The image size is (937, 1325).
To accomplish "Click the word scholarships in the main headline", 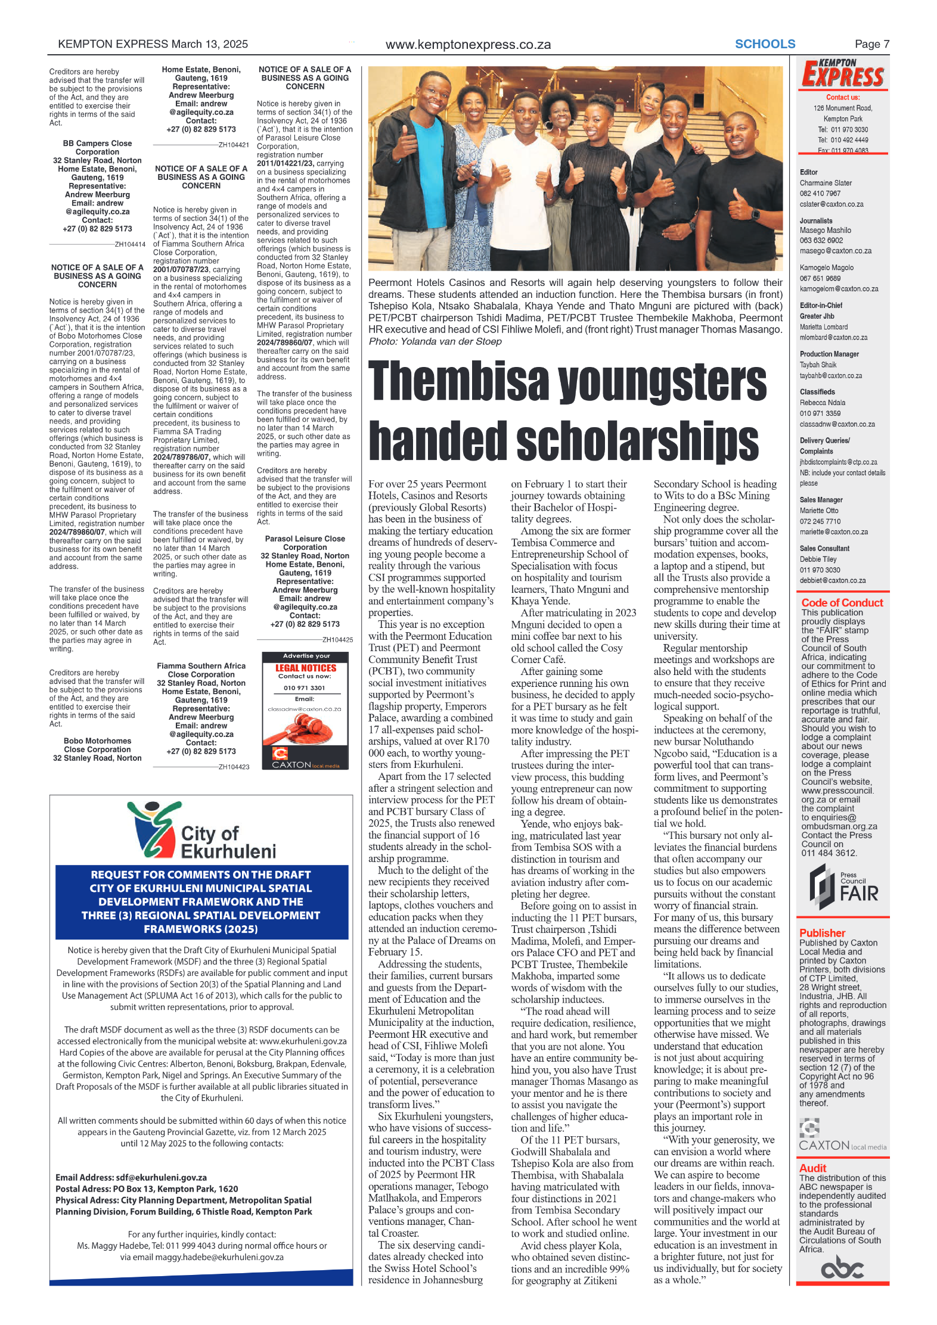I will point(637,440).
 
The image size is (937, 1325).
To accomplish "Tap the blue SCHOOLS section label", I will point(765,44).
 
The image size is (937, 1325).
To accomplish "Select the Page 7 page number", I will point(871,44).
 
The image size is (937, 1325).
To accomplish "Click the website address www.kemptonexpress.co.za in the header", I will point(468,45).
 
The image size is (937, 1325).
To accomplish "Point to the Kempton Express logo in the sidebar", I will point(842,74).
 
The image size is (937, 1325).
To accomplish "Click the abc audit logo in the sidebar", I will point(842,1267).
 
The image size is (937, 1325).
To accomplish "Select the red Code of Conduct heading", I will point(842,603).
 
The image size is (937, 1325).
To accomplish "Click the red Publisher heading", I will point(822,933).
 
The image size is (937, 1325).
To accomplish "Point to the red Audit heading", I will point(812,1168).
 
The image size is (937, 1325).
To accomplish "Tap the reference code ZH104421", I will point(234,145).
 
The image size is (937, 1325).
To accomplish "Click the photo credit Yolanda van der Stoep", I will point(451,341).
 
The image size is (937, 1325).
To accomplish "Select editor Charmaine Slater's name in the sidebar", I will point(826,183).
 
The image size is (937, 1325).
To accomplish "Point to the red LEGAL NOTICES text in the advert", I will point(306,668).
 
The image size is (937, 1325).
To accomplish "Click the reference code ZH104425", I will point(337,640).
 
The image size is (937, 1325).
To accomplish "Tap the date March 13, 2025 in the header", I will point(209,44).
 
